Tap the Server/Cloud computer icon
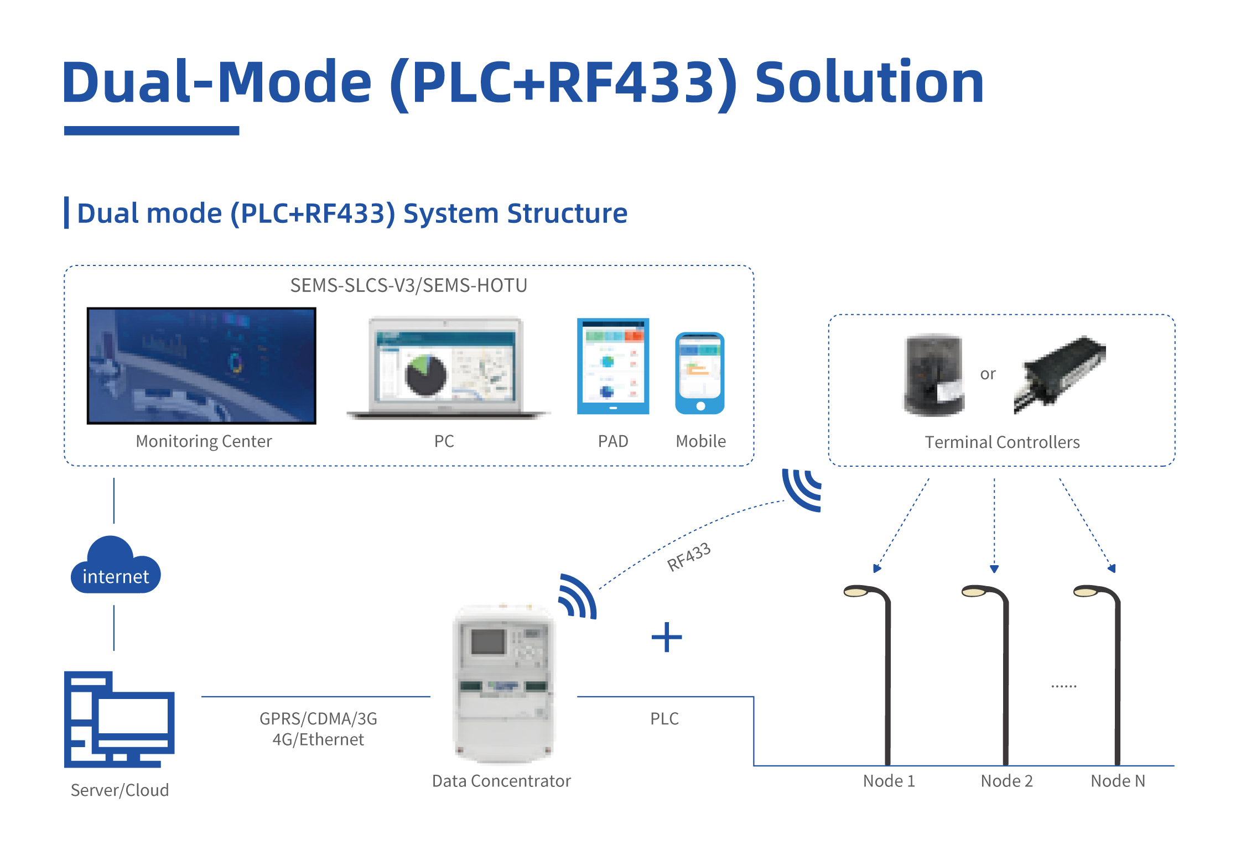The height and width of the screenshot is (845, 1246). [x=119, y=719]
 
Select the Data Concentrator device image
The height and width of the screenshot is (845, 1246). [x=503, y=684]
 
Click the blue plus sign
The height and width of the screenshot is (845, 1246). [x=667, y=637]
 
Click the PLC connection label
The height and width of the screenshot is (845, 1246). [x=664, y=718]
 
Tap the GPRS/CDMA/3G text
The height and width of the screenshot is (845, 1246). [x=318, y=718]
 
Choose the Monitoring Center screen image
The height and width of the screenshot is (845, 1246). [x=201, y=366]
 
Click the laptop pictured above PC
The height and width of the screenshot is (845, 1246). [x=447, y=368]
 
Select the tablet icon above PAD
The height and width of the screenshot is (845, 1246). [x=613, y=366]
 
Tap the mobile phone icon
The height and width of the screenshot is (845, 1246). [x=700, y=373]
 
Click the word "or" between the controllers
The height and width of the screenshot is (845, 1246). [x=988, y=374]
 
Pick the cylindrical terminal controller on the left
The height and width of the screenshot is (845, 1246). [x=933, y=374]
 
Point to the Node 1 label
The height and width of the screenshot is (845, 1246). [x=889, y=781]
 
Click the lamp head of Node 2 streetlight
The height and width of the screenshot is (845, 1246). [x=974, y=592]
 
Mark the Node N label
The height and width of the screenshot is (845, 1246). [x=1118, y=781]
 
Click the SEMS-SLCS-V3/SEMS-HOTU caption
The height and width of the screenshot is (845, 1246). [x=408, y=285]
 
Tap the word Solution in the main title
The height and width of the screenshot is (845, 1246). [x=869, y=82]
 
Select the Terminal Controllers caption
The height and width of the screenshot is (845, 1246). [x=1002, y=442]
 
